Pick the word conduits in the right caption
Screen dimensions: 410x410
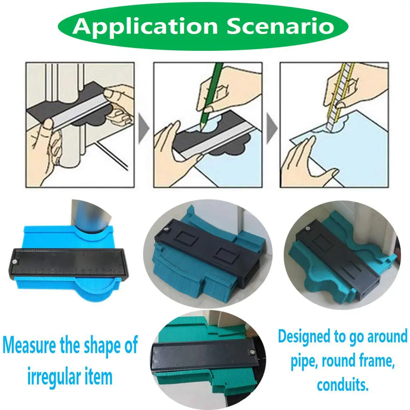pyautogui.click(x=342, y=385)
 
